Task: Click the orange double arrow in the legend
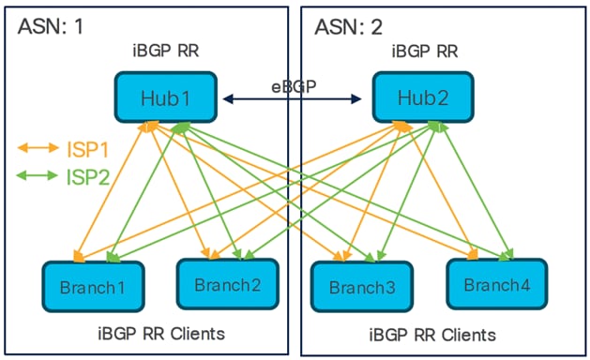[38, 147]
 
